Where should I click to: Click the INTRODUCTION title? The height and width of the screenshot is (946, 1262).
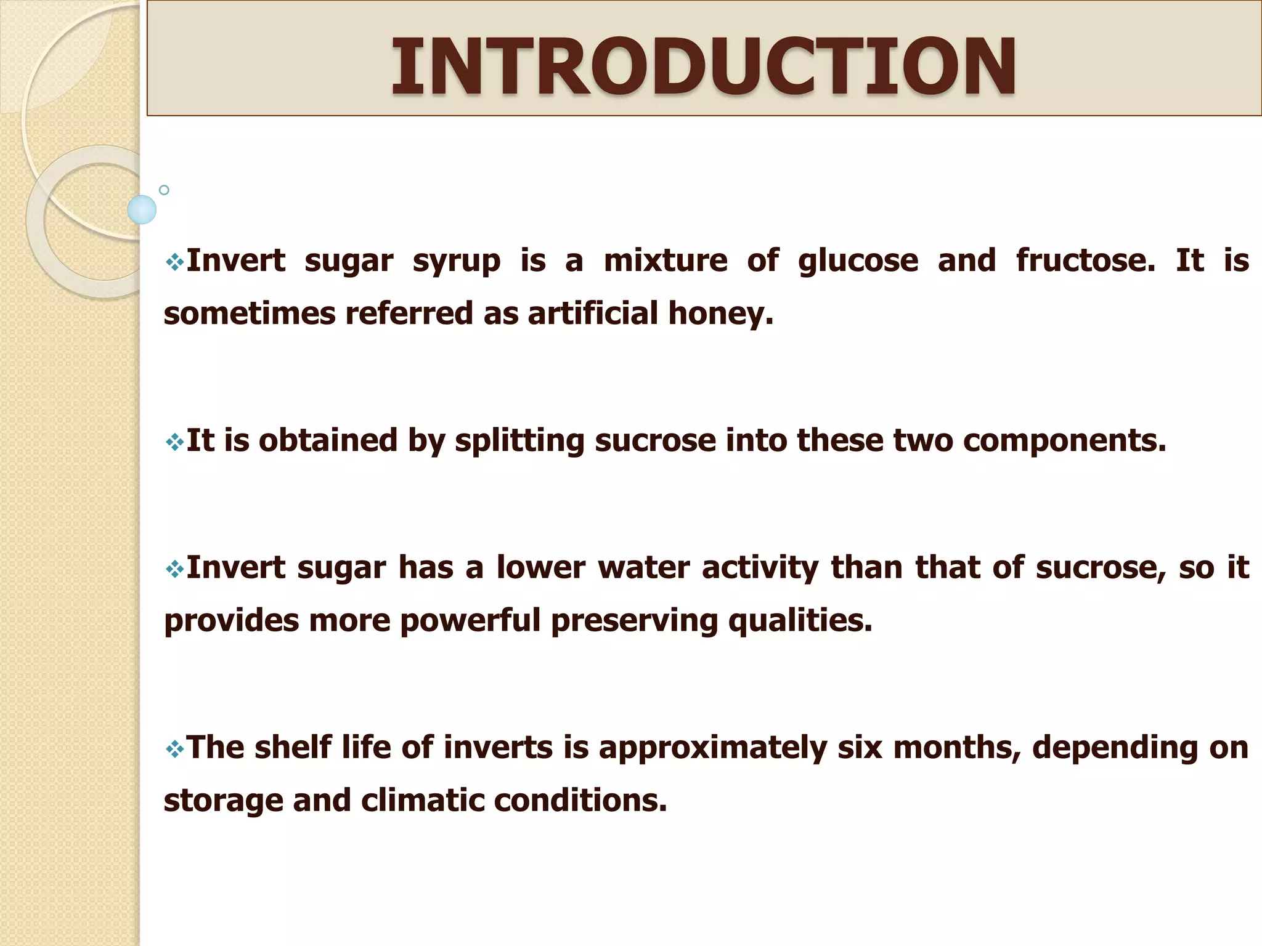tap(704, 66)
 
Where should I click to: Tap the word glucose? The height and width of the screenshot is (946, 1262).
tap(858, 261)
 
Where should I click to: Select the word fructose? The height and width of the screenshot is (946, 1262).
tap(1086, 260)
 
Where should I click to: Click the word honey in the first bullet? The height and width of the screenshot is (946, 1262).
tap(720, 313)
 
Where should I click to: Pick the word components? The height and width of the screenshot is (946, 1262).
tap(1064, 441)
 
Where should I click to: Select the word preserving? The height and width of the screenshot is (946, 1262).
tap(635, 621)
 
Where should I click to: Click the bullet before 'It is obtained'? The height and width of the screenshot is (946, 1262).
tap(174, 442)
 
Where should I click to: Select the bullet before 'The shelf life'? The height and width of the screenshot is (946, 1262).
tap(174, 749)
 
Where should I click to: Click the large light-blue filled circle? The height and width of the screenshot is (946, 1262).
tap(142, 209)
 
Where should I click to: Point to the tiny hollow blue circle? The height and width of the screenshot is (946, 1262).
tap(164, 190)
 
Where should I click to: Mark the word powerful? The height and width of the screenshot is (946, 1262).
tap(470, 620)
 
